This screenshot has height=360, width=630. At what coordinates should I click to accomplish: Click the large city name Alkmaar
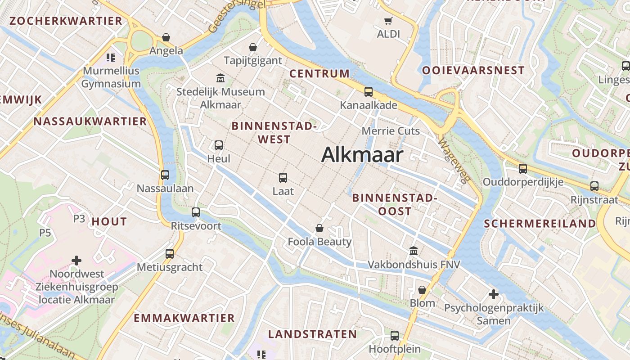click(x=362, y=155)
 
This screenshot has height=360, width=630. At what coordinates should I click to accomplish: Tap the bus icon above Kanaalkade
click(x=369, y=92)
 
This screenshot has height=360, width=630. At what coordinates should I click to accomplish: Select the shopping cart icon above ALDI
click(x=388, y=20)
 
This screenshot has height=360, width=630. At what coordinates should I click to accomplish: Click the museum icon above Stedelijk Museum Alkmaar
click(x=220, y=78)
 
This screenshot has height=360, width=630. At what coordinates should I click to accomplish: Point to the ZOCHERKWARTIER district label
click(x=66, y=21)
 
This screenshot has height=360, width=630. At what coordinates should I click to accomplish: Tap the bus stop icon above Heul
click(x=219, y=145)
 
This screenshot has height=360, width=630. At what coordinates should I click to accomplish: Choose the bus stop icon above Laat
click(x=283, y=177)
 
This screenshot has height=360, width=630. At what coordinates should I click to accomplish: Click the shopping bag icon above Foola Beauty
click(x=319, y=228)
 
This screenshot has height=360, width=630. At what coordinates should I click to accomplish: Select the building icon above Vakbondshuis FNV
click(x=414, y=251)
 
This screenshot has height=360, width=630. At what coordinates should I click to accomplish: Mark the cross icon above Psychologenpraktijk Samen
click(x=494, y=294)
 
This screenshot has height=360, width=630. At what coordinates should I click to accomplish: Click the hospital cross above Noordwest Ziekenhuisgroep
click(x=76, y=260)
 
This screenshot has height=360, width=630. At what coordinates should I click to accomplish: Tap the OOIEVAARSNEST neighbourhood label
click(x=473, y=70)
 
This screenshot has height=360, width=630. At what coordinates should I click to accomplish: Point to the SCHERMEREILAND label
click(x=540, y=224)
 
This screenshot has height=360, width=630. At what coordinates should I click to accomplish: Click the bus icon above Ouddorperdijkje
click(x=522, y=168)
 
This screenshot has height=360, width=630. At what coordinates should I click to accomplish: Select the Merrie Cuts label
click(x=391, y=131)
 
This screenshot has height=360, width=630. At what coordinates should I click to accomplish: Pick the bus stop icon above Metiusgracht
click(x=170, y=253)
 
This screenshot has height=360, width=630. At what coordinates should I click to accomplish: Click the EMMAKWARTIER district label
click(x=184, y=318)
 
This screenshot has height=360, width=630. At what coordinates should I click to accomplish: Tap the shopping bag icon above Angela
click(x=166, y=37)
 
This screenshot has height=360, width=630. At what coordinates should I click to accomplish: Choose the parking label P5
click(x=45, y=233)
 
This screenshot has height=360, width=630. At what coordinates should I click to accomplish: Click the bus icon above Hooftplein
click(x=395, y=335)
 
